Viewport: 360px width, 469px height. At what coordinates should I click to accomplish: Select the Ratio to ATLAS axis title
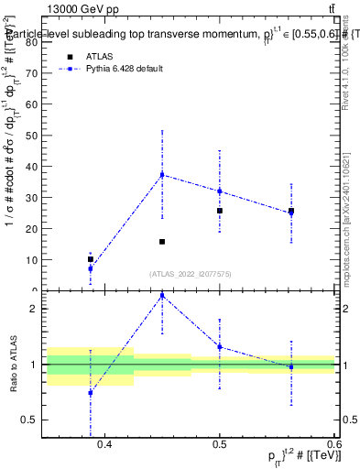pyautogui.click(x=13, y=365)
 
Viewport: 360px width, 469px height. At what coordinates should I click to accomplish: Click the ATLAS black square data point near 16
pyautogui.click(x=162, y=242)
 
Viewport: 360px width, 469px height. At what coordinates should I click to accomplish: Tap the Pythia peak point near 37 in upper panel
pyautogui.click(x=162, y=174)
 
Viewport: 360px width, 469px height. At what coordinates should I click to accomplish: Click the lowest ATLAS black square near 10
pyautogui.click(x=90, y=259)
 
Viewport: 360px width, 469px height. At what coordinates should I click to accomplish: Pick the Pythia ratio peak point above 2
pyautogui.click(x=162, y=295)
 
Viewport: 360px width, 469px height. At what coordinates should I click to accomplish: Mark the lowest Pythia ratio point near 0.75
pyautogui.click(x=90, y=392)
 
